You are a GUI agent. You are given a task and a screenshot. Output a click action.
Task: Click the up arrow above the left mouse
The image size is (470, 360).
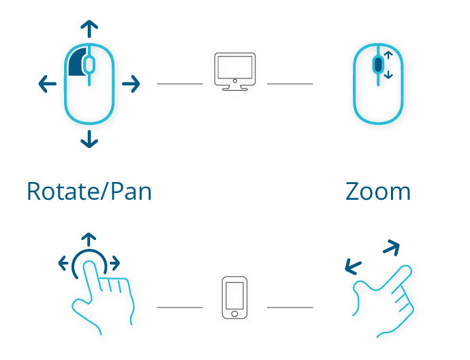[x=89, y=29]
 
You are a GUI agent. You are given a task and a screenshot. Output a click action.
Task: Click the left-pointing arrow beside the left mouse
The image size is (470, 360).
[x=48, y=84]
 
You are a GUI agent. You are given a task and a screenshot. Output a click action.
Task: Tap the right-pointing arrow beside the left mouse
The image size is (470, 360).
[x=131, y=84]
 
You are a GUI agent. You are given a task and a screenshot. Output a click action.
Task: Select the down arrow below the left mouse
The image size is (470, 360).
[x=89, y=139]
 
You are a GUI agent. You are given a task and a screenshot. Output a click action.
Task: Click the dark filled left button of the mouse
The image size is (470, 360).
[x=77, y=62]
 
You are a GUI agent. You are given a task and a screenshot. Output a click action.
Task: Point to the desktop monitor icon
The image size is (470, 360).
[x=235, y=72]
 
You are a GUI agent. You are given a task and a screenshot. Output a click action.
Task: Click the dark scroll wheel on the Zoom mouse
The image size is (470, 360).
[x=378, y=64]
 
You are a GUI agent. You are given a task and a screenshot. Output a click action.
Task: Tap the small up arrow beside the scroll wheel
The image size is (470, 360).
[x=388, y=55]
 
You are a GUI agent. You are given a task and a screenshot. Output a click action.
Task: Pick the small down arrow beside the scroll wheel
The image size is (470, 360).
[x=388, y=74]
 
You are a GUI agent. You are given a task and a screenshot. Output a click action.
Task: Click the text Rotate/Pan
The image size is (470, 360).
[x=89, y=192]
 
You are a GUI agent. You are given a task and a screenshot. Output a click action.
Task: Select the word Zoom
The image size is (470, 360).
[x=378, y=192]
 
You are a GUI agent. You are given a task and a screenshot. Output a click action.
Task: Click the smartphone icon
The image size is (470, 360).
[x=235, y=297]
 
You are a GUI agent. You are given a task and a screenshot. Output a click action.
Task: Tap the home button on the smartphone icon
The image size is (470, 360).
[x=235, y=314]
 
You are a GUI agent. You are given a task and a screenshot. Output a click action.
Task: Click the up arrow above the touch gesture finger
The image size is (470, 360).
[x=89, y=239]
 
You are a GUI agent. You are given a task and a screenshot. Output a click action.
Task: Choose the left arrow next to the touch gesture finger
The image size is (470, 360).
[x=63, y=263]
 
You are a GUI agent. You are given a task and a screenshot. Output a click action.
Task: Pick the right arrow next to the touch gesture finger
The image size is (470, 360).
[x=115, y=263]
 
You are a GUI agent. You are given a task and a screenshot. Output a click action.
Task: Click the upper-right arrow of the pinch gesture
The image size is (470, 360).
[x=392, y=247]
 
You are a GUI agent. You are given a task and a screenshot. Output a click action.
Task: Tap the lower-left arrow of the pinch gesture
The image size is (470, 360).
[x=353, y=266]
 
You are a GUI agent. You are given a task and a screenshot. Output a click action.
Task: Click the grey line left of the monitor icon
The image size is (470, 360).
[x=180, y=84]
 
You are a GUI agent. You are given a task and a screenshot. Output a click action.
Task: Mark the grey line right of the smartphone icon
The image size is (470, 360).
[x=290, y=307]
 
